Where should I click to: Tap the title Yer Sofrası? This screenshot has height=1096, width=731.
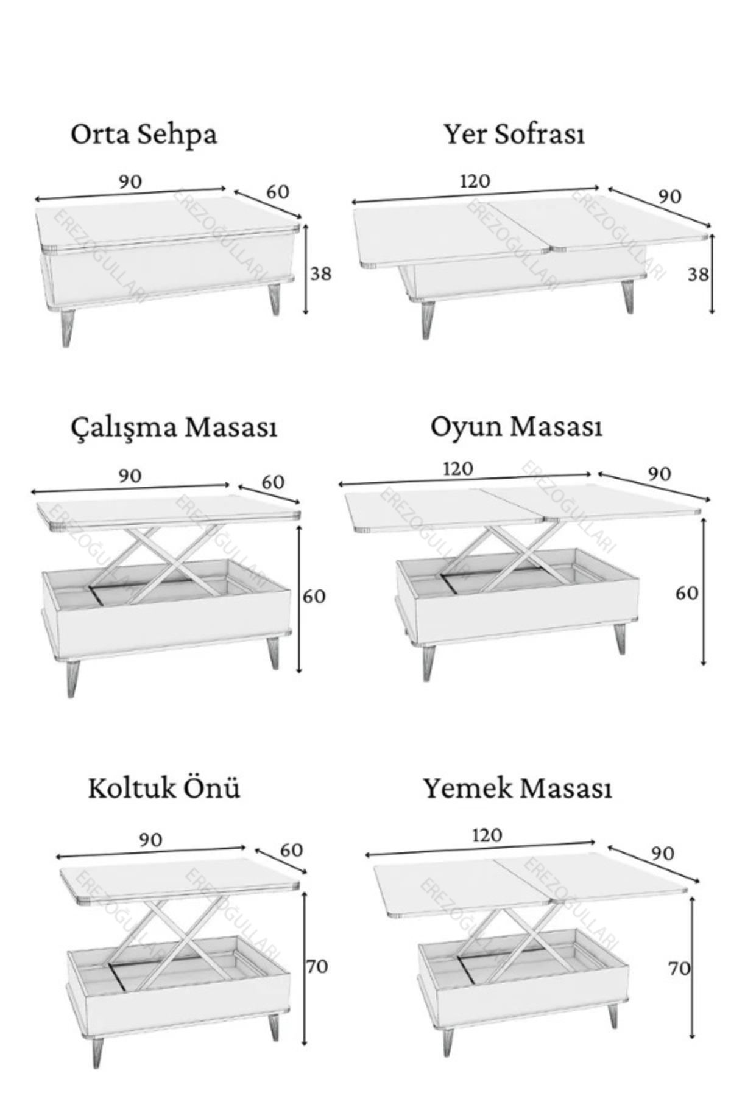coord(514,134)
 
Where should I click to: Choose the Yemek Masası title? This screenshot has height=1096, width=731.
coord(517,789)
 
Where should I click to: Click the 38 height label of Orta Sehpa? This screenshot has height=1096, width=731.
coord(321,274)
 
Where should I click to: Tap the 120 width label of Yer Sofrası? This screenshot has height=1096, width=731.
coord(475,181)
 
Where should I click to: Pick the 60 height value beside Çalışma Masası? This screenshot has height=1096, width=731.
coord(314,596)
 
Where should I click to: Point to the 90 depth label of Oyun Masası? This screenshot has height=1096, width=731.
coord(659,474)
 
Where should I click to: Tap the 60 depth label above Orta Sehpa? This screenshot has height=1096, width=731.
coord(278,192)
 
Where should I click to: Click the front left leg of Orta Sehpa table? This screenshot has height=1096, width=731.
coord(67,328)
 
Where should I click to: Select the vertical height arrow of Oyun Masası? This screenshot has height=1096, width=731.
coord(704,591)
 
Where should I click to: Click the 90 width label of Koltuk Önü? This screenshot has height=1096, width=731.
coord(150,840)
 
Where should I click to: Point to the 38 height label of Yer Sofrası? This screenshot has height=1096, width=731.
coord(698,275)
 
